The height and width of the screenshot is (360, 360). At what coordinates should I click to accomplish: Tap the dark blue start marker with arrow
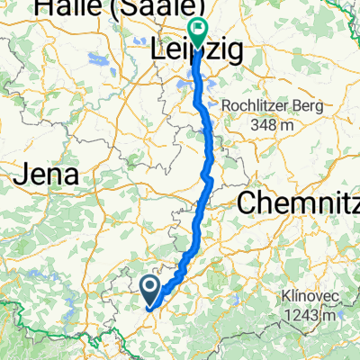tap(149, 289)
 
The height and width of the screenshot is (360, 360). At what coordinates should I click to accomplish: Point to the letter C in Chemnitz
tap(248, 203)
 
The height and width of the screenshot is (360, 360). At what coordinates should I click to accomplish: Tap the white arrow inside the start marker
tap(149, 287)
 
